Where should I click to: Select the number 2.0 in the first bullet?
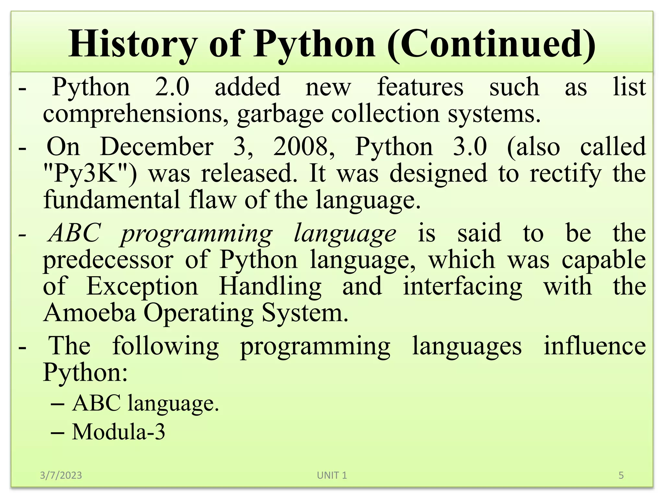(172, 87)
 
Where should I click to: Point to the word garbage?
(280, 114)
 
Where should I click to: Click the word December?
(157, 147)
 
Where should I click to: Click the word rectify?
(565, 173)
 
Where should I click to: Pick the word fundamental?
(112, 200)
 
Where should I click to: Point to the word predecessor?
(108, 260)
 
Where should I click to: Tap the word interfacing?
(462, 287)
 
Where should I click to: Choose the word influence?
(595, 346)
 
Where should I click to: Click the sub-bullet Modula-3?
(118, 432)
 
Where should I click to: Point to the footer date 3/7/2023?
(61, 475)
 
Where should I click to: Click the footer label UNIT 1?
(332, 475)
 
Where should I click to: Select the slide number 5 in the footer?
(621, 475)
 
